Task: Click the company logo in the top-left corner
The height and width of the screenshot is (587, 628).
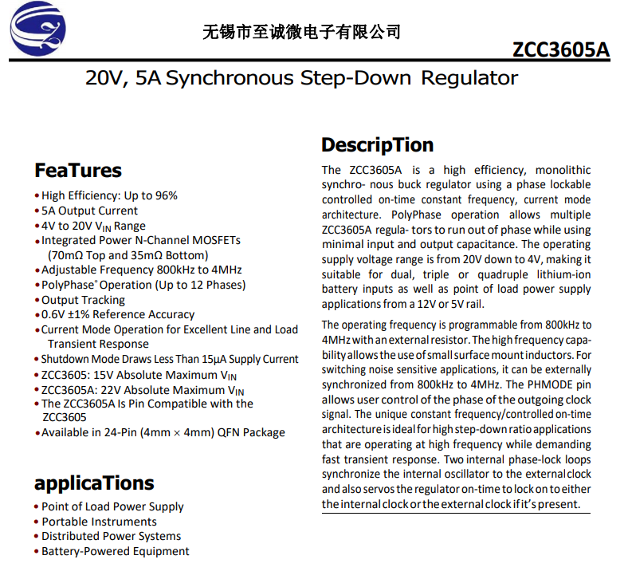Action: click(x=37, y=30)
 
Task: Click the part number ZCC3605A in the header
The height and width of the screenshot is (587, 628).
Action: click(x=560, y=49)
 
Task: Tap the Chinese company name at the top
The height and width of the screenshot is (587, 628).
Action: click(x=302, y=32)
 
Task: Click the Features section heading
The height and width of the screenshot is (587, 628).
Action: click(x=78, y=171)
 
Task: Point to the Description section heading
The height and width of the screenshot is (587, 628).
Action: click(x=377, y=145)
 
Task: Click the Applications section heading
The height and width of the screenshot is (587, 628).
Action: click(x=94, y=483)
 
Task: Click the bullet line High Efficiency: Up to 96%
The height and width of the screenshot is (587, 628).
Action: click(x=109, y=195)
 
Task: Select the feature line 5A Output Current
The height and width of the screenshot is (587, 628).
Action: click(x=89, y=211)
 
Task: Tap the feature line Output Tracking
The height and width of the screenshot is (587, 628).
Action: click(x=83, y=300)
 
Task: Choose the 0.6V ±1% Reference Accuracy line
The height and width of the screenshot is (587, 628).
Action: click(x=118, y=314)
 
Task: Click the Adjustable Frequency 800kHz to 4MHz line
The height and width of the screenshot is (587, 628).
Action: click(x=141, y=270)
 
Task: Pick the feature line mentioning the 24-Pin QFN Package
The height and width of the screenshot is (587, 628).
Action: click(x=163, y=432)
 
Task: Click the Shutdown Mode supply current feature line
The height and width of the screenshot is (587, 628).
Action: click(x=170, y=359)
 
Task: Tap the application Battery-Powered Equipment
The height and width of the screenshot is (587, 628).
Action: click(x=116, y=551)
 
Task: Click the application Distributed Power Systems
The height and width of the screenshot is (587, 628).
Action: click(x=112, y=536)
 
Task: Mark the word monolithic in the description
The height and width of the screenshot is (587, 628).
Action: click(x=563, y=170)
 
